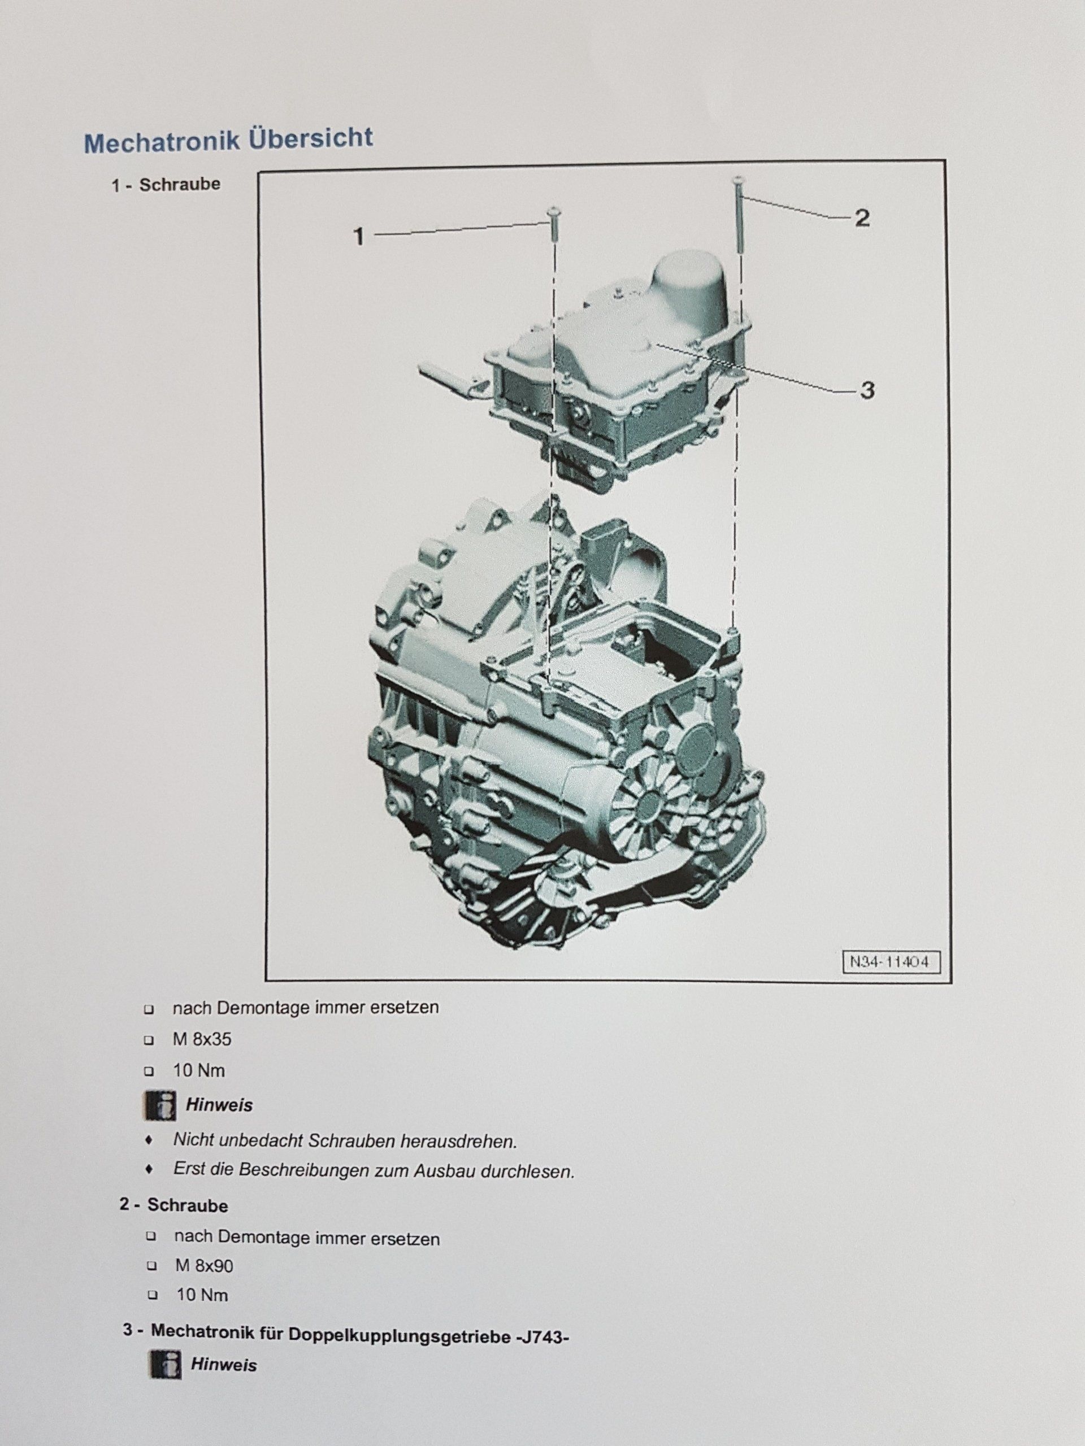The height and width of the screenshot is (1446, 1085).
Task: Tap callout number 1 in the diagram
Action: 358,237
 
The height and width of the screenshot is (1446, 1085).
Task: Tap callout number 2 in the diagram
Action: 862,219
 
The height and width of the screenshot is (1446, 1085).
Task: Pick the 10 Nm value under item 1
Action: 199,1071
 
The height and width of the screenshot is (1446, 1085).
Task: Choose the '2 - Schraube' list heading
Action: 174,1205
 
